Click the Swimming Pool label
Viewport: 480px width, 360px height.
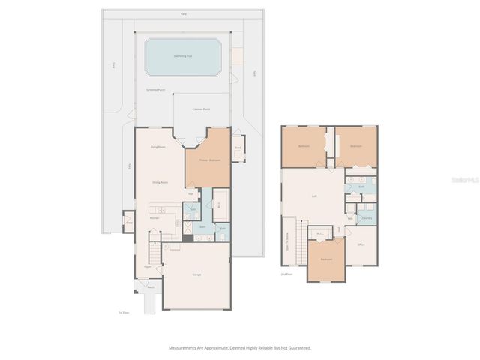tap(182, 56)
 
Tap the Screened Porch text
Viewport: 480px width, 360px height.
tap(156, 89)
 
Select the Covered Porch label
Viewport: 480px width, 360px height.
tap(201, 109)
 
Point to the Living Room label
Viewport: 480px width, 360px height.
tap(157, 147)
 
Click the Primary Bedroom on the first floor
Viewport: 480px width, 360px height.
tap(209, 160)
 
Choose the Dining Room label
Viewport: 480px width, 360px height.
tap(159, 182)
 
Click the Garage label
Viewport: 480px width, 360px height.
tap(196, 274)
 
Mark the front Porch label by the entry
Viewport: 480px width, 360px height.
tap(150, 286)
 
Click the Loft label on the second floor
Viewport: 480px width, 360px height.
tap(314, 196)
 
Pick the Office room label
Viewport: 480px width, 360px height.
tap(361, 244)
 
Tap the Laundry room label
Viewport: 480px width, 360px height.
tap(367, 218)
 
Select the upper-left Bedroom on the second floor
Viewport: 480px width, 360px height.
tap(304, 146)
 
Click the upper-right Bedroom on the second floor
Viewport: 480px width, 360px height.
tap(356, 146)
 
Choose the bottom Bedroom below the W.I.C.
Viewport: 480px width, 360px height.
tap(326, 259)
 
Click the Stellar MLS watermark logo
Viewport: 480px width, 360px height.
tap(466, 180)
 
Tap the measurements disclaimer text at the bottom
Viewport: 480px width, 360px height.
tap(239, 348)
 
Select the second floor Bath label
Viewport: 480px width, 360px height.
tap(361, 187)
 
